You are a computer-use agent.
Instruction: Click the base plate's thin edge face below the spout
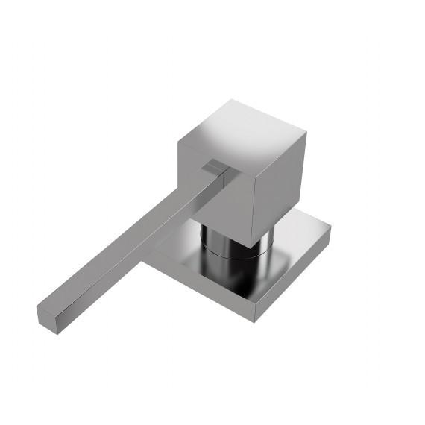pos(201,287)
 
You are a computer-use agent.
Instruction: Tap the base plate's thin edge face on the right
pos(295,276)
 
